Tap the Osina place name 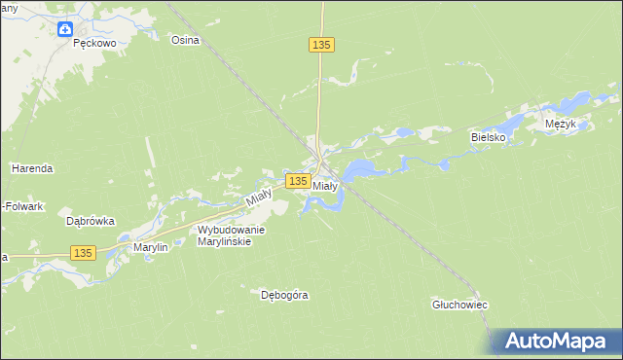pyautogui.click(x=185, y=40)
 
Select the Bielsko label pyautogui.click(x=489, y=138)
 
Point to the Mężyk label pyautogui.click(x=562, y=125)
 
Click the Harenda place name pyautogui.click(x=31, y=168)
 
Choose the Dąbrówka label pyautogui.click(x=91, y=221)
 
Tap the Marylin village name pyautogui.click(x=151, y=248)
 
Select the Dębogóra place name pyautogui.click(x=284, y=294)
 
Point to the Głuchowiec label pyautogui.click(x=459, y=305)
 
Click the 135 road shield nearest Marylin pyautogui.click(x=83, y=253)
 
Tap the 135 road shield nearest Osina pyautogui.click(x=323, y=45)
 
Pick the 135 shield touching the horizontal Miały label pyautogui.click(x=298, y=182)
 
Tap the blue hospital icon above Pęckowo pyautogui.click(x=64, y=30)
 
